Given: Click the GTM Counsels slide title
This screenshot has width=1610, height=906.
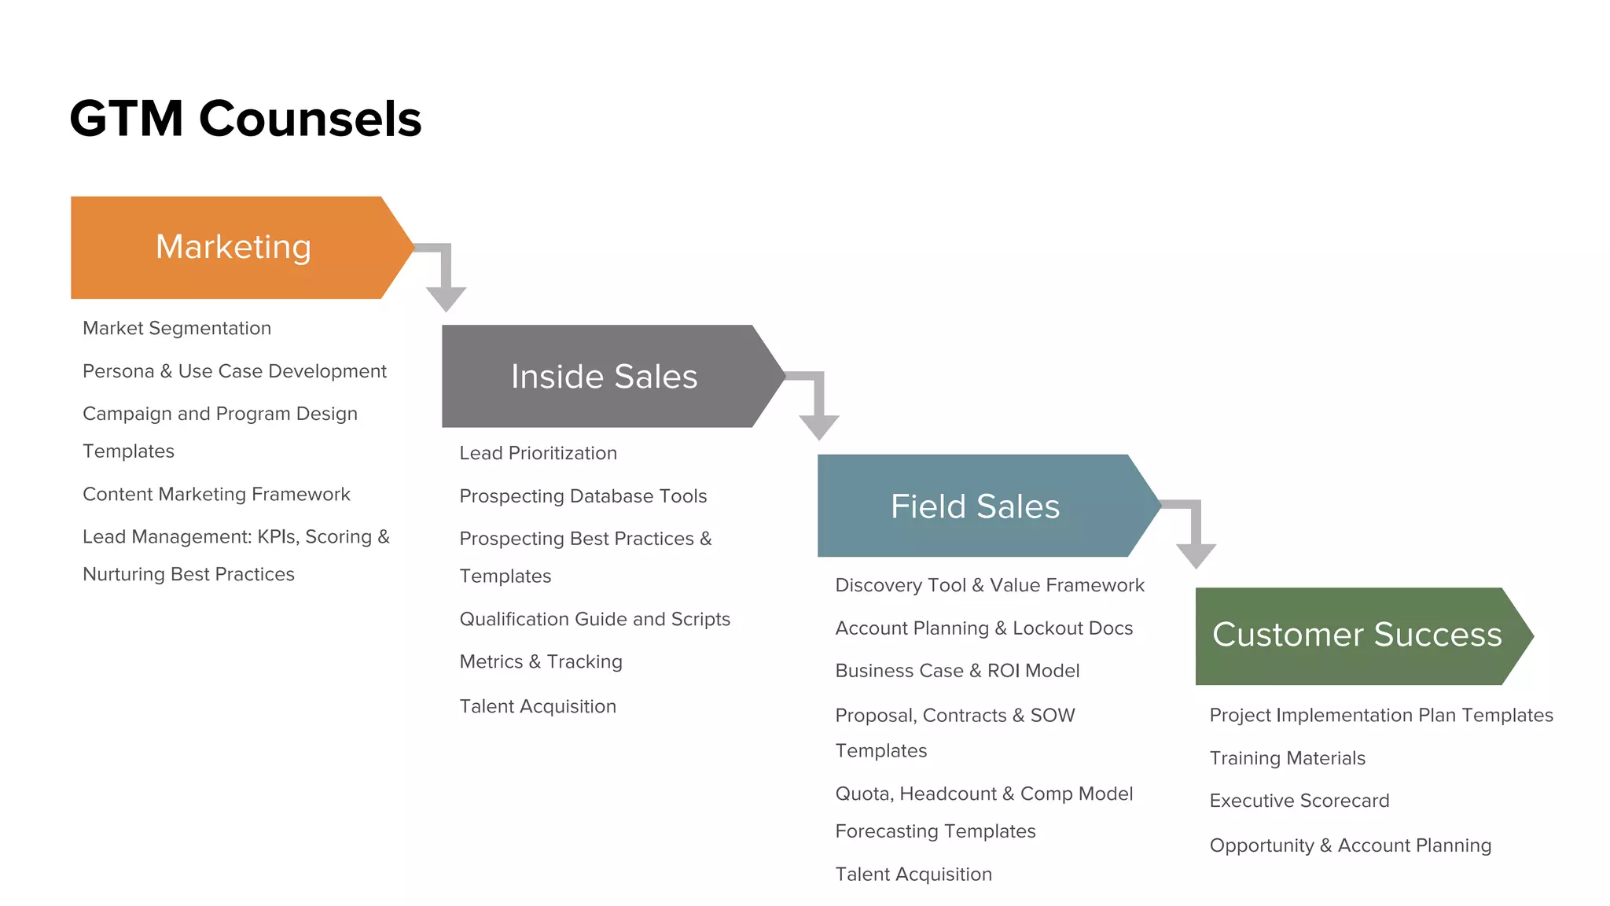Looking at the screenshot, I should tap(245, 119).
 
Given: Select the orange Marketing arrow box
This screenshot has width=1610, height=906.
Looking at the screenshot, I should tap(233, 247).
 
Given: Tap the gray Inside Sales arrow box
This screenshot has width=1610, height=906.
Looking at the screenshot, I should tap(604, 376).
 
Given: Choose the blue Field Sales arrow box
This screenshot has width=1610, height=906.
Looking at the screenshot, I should tap(975, 506).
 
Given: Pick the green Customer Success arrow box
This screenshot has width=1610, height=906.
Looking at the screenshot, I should tap(1356, 635).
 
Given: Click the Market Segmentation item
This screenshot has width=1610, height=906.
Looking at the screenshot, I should tap(177, 328).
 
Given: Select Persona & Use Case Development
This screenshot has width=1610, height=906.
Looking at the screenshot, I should tap(234, 370).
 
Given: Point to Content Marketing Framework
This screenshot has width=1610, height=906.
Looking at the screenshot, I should tap(216, 494).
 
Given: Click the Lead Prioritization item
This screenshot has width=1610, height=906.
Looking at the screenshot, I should tap(538, 453).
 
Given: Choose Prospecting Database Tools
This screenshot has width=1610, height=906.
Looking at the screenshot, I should tap(583, 495).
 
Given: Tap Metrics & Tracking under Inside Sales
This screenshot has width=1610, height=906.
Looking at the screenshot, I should tap(540, 661).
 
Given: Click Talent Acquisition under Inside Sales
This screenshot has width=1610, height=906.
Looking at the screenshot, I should tap(537, 705).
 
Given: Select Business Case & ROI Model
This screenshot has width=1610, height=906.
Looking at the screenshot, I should tap(957, 670).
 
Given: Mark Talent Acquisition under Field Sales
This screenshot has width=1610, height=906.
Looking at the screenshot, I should tap(913, 874).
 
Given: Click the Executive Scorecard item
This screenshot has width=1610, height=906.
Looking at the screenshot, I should tap(1299, 800).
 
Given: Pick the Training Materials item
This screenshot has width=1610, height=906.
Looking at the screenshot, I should tap(1287, 757).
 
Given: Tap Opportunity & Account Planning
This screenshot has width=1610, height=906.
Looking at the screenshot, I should tap(1350, 845).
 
